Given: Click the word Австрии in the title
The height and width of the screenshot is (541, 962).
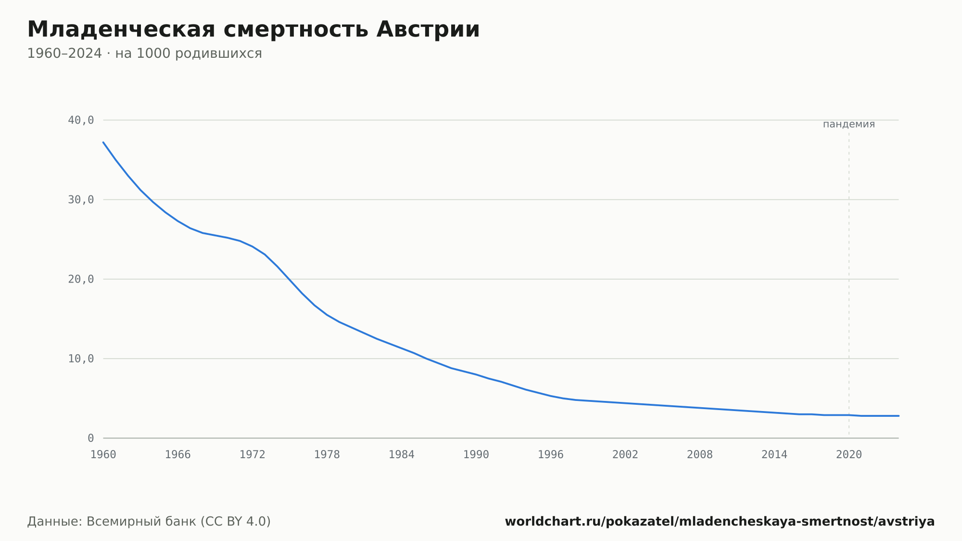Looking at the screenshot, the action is (x=428, y=29).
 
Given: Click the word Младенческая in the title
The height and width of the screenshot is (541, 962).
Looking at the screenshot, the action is (x=121, y=29).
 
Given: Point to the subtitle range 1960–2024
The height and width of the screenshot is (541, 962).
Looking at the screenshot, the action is (x=64, y=53).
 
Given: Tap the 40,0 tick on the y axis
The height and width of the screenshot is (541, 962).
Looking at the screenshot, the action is (x=81, y=120).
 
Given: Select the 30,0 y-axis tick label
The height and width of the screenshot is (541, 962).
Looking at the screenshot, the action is (x=81, y=200).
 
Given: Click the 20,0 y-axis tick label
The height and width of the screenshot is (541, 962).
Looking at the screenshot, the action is (x=81, y=279).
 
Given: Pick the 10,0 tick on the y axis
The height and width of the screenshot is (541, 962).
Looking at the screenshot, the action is (x=81, y=359).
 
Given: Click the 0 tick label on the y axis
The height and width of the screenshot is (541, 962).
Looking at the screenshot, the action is (x=91, y=438).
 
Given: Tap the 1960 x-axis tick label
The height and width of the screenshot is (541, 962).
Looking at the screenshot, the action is (x=103, y=455).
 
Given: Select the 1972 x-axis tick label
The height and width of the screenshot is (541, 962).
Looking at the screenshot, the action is (x=253, y=455).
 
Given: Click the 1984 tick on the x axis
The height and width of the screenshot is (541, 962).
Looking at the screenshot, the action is (x=402, y=455).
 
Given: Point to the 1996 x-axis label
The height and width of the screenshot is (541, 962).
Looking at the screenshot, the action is (x=551, y=455).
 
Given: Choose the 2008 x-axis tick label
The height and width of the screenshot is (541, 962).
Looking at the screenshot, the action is (x=700, y=455).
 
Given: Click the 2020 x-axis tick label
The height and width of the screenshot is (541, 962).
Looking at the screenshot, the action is (x=849, y=455).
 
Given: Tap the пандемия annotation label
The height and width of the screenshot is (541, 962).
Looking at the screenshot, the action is (x=849, y=125).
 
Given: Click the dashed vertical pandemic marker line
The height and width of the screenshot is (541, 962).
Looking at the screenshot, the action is (x=849, y=284).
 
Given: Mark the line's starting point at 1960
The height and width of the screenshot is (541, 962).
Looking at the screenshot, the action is (x=103, y=142).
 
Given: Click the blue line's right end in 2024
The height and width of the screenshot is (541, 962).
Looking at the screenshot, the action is (x=899, y=416).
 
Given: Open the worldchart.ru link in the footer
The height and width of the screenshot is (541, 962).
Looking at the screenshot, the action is (x=720, y=522).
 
